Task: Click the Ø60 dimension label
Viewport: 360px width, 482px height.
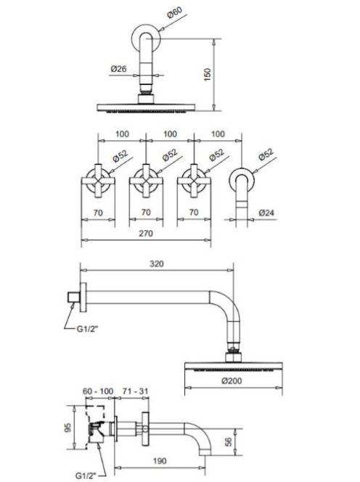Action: (x=175, y=12)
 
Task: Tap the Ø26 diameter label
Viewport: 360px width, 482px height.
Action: (x=118, y=68)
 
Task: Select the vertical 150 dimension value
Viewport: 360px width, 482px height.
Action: (x=208, y=75)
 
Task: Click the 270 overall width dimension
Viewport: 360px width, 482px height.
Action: (x=146, y=234)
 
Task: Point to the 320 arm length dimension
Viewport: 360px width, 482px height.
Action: (x=157, y=264)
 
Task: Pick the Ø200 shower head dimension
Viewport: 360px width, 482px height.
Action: (x=232, y=381)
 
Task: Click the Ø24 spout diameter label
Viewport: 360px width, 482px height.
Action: (x=266, y=213)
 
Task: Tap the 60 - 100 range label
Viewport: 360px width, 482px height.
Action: (x=98, y=391)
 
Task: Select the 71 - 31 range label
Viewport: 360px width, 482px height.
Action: (x=135, y=391)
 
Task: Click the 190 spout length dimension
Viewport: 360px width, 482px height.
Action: (x=160, y=460)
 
